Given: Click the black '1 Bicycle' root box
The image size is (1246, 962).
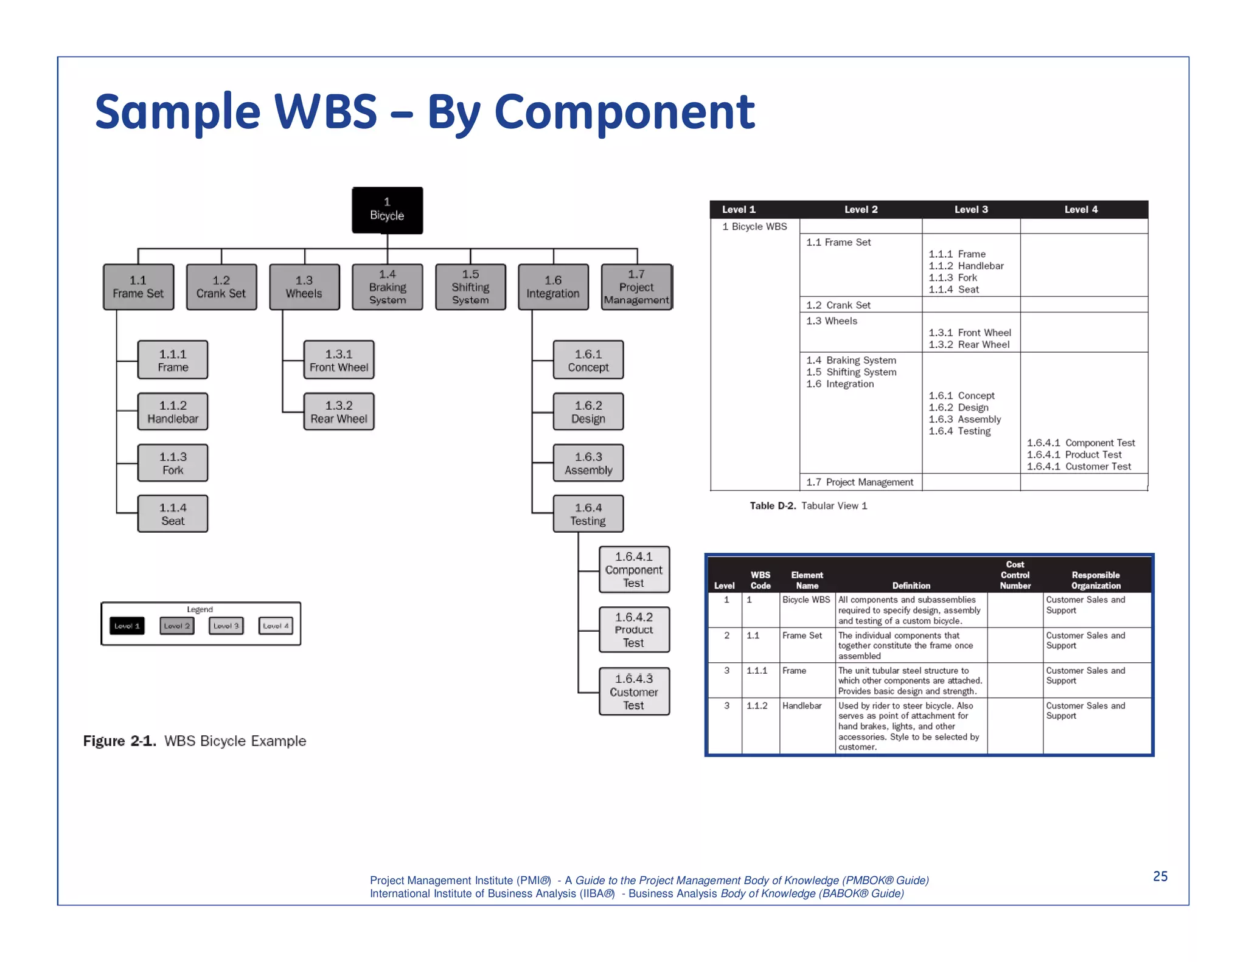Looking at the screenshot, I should pos(387,210).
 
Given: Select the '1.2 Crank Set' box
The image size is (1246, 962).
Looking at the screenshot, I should pos(221,287).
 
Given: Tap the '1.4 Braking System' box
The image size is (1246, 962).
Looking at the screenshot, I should pos(387,287).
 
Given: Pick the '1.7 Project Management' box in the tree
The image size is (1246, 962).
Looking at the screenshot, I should pos(636,287).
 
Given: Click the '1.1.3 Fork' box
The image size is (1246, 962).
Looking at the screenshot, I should pos(173,463).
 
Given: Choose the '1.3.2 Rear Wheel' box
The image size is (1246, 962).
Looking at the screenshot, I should pos(339,412).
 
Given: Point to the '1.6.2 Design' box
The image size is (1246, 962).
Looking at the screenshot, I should pos(588,412).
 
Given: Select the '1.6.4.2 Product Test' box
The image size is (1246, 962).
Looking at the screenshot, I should pos(634,629).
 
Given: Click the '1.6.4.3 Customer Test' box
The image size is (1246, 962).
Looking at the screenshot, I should pos(634,691).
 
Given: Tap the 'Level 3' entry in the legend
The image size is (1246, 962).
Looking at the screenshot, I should pos(226,626).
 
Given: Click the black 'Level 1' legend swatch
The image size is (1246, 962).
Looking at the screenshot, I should pos(127,626).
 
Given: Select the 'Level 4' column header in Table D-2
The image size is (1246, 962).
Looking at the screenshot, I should pos(1081,209).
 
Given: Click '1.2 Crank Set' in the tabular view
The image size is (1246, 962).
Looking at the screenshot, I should pos(838,305).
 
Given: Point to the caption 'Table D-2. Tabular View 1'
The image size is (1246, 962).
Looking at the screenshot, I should pos(808,506).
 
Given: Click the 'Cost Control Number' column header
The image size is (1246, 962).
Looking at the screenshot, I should pos(1015,575).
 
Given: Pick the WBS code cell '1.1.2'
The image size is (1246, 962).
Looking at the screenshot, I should pos(757,706).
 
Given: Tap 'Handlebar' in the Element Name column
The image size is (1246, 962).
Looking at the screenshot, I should pos(802,706).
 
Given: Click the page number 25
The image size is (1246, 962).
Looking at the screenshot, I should pos(1160,876).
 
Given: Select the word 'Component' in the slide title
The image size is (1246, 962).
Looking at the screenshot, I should pos(624,112).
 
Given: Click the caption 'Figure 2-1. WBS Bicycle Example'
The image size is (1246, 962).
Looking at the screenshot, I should pos(195,741).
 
